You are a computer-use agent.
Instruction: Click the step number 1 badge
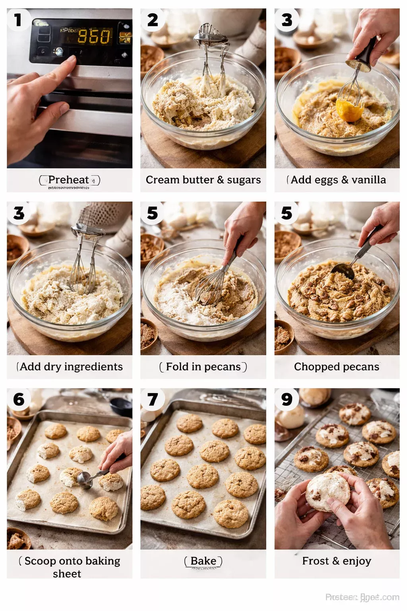pos(18,20)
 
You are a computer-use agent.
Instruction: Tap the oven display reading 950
pos(94,37)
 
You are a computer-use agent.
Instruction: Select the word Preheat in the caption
pos(68,180)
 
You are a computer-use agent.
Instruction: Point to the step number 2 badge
pos(152,20)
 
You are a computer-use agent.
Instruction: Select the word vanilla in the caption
pos(368,180)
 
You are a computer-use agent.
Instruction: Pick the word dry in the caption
pos(53,367)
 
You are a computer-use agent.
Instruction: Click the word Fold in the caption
pos(177,367)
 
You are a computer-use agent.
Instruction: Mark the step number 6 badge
pos(19,399)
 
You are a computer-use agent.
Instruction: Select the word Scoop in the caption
pos(40,561)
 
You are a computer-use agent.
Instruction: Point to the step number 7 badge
pos(153,399)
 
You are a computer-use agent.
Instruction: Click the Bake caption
pos(203,561)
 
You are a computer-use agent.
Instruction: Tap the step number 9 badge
pos(287,399)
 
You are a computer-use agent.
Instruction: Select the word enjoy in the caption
pos(357,561)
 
